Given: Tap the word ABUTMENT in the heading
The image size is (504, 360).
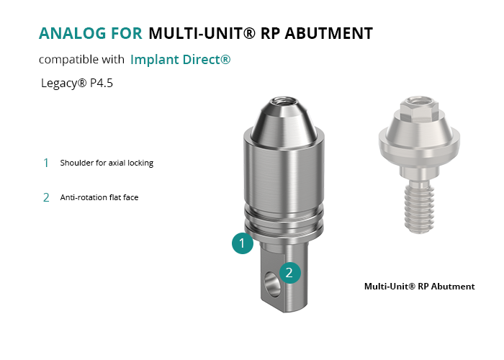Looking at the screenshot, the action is [x=328, y=33].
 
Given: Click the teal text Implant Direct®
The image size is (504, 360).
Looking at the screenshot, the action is [x=180, y=60].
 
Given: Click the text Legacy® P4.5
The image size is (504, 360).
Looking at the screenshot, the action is [x=77, y=84].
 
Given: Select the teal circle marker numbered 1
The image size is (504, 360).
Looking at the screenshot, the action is [x=243, y=243].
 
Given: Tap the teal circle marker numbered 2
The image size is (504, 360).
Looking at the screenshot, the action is [x=289, y=273].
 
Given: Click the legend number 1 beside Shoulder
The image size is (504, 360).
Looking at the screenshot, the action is [x=46, y=163].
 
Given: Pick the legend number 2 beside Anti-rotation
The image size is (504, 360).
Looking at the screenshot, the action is [x=46, y=197].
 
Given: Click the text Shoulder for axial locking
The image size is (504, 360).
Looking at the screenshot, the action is [x=107, y=163].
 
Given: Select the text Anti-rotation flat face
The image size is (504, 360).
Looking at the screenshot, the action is [x=99, y=197].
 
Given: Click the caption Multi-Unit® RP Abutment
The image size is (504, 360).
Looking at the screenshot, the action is [x=419, y=287].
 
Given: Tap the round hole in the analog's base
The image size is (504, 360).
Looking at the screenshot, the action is [x=272, y=284].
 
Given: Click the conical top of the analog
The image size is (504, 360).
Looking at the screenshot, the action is [x=283, y=124].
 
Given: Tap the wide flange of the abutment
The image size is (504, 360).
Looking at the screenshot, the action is [x=419, y=141].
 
